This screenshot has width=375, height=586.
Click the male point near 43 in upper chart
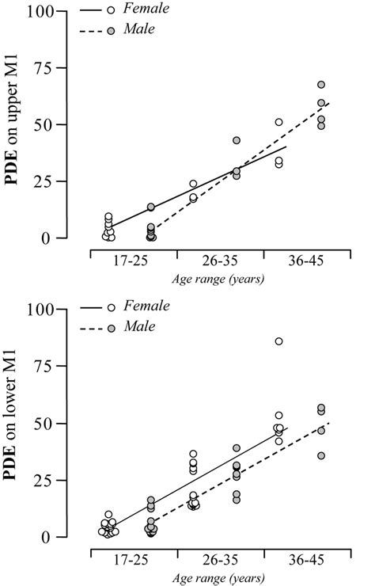click(237, 140)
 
